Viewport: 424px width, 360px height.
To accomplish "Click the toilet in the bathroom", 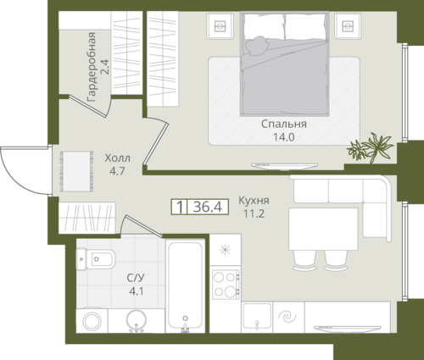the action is coord(96,259).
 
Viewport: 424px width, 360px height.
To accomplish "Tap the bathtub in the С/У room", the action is coord(185,285).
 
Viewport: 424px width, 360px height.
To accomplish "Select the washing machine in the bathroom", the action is coord(92,321).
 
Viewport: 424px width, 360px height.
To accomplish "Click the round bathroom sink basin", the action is coord(137,321).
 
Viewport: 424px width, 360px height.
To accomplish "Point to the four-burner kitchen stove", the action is coord(226,285).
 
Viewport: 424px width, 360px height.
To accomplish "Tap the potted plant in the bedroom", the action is coord(371,147).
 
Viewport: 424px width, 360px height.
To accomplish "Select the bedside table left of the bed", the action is coord(220,26).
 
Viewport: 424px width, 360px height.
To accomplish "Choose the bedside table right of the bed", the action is coord(348,26).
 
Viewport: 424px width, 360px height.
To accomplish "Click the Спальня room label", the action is coord(284,124).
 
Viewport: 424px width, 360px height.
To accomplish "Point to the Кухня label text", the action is coord(254,201).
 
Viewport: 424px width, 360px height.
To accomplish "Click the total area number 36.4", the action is coord(208,207).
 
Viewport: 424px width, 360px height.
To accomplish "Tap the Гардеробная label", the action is coord(92,67).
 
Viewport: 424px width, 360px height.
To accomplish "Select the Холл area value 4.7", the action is coord(117,171).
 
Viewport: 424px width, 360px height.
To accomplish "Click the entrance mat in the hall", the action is coord(76,171).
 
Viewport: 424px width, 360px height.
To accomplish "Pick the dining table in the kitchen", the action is coord(323,229).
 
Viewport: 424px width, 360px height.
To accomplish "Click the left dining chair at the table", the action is coord(304,260).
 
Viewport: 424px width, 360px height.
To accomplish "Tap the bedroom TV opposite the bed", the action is coord(285,166).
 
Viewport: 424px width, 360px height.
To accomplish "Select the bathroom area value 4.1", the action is coord(137,291).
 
